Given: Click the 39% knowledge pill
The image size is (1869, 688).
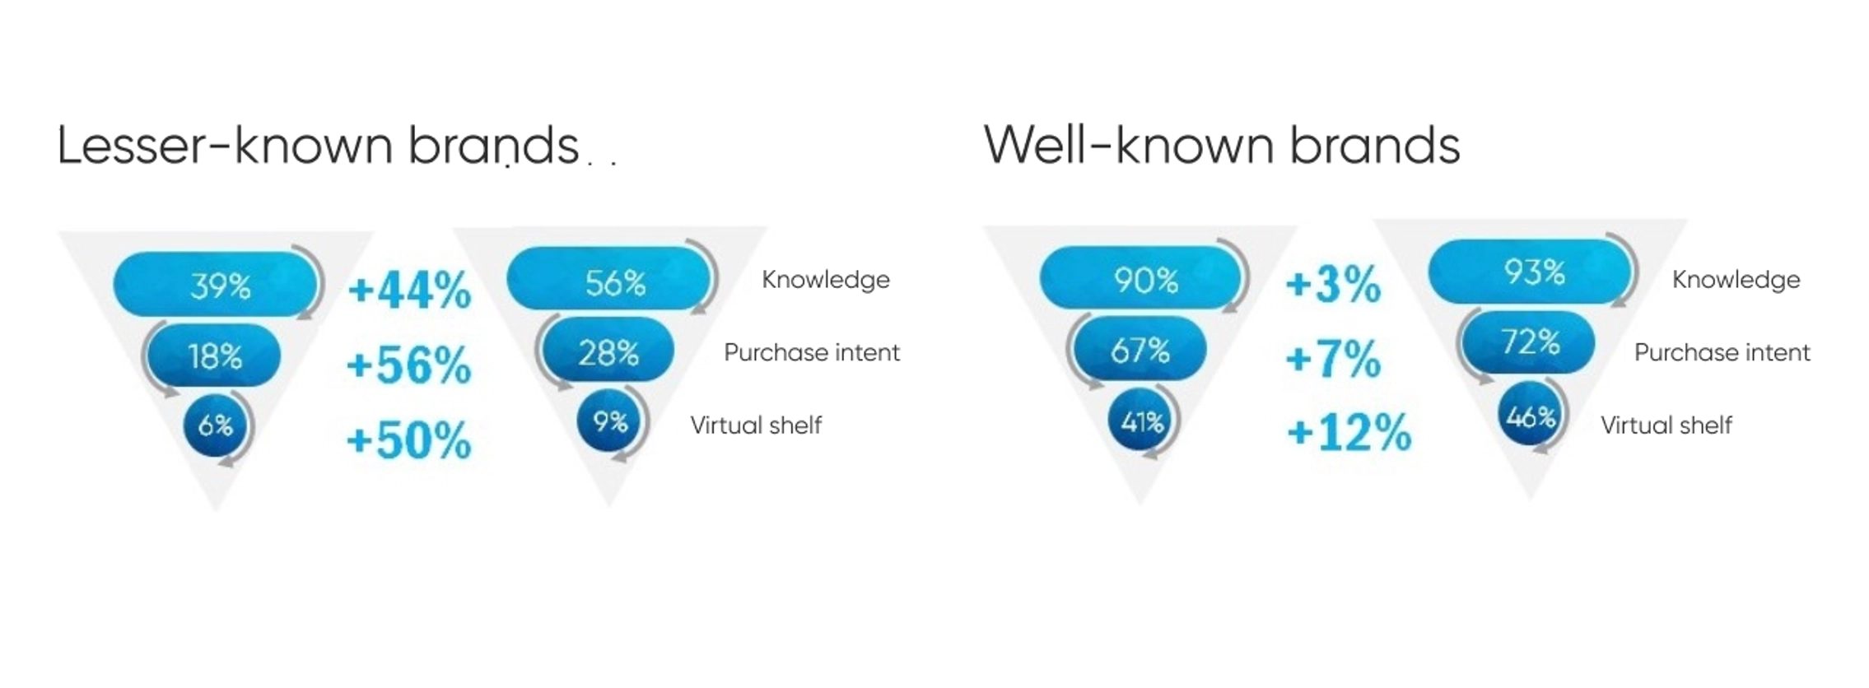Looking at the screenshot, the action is [x=215, y=285].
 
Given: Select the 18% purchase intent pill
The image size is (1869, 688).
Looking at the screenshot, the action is [x=213, y=356].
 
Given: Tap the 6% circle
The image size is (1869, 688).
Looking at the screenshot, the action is [x=216, y=425].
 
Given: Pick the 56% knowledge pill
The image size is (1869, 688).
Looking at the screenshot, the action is [x=608, y=278].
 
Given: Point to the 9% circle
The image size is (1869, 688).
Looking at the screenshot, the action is [x=609, y=421].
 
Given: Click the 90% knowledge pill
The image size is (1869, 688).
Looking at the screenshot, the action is [x=1140, y=278].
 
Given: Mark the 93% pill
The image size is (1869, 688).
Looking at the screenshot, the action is [x=1530, y=271].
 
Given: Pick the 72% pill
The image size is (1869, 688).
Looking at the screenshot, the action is [x=1528, y=342].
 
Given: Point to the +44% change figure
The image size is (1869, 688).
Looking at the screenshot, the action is [x=409, y=290].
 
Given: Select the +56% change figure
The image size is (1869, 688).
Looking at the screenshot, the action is [x=408, y=364].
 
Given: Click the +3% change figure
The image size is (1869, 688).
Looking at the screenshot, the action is [x=1333, y=284].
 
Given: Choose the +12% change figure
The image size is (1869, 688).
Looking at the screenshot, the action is [x=1349, y=432].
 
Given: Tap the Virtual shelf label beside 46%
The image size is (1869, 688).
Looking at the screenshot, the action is [x=1666, y=425].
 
